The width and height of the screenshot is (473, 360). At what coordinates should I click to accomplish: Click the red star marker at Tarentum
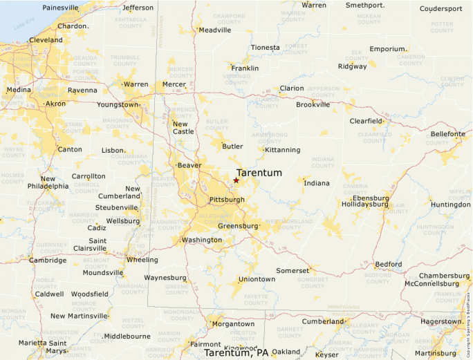(x=236, y=180)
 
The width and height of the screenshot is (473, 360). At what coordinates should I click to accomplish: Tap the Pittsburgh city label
(x=226, y=200)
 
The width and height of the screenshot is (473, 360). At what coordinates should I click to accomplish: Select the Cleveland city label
(x=46, y=40)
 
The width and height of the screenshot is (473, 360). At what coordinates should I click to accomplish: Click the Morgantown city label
(x=233, y=323)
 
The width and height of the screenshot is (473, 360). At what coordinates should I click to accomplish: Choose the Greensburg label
(x=237, y=226)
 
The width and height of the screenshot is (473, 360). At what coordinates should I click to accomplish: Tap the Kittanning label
(x=283, y=149)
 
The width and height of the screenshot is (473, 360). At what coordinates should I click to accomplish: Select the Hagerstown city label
(x=440, y=321)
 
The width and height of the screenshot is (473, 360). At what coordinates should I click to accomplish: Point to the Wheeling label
(x=142, y=260)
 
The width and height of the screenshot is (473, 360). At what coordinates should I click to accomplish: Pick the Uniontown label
(x=257, y=279)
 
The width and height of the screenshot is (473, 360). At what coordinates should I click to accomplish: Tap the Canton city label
(x=69, y=149)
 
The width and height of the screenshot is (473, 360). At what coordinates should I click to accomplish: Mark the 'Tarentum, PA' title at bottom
(x=236, y=353)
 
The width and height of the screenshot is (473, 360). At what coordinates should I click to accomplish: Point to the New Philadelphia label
(x=48, y=182)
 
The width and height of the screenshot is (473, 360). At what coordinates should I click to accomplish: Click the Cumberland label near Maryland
(x=322, y=321)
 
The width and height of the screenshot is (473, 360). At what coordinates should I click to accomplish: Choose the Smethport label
(x=364, y=5)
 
